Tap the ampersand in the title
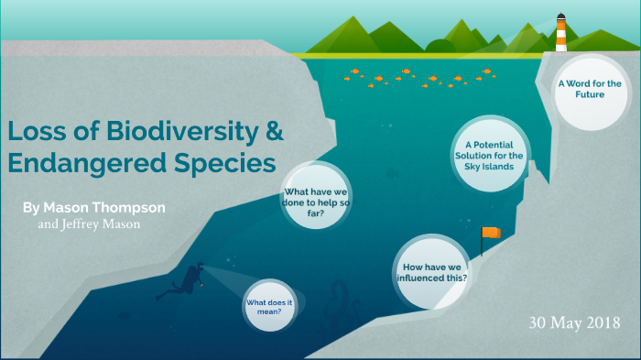point(273,131)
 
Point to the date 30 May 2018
point(574,322)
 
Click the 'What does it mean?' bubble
point(269,306)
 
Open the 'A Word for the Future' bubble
point(590,89)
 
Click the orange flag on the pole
point(493,233)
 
